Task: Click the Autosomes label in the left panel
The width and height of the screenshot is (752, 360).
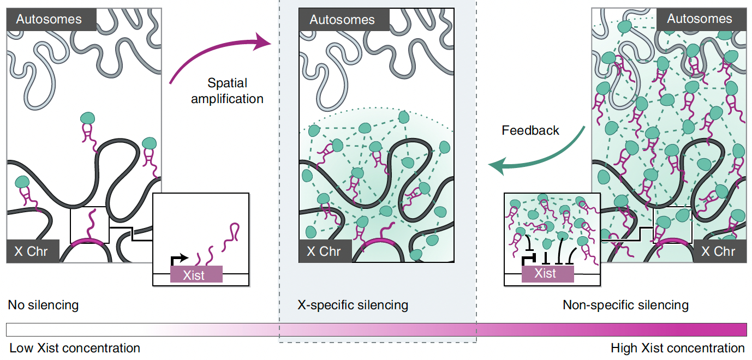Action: pos(49,19)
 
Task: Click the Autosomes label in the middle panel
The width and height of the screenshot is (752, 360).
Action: pos(342,20)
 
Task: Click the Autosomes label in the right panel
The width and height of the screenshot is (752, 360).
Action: pos(699,19)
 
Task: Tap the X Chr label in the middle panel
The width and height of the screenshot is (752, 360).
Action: pos(324,251)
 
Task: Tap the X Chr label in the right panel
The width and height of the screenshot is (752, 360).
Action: pos(718,251)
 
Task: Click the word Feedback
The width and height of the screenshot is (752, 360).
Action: pos(530,130)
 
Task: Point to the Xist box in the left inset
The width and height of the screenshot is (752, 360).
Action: pos(196,274)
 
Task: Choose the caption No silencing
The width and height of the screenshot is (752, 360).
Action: pos(43,305)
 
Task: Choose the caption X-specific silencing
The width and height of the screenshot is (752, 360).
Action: pos(353,305)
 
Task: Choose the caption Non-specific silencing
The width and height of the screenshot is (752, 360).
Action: pos(625,305)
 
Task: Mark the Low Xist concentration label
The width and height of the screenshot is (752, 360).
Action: pos(75,348)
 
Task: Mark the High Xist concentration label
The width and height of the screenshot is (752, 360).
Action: pos(677,348)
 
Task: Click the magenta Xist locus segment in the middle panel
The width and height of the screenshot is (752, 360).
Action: pos(377,241)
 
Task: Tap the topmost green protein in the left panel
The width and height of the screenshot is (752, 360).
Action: pos(87,119)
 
